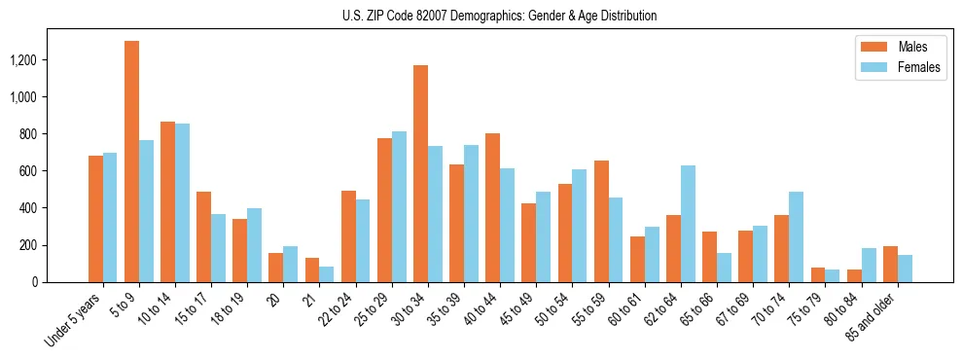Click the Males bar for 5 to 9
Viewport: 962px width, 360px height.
point(131,162)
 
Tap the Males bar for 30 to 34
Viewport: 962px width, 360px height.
point(420,173)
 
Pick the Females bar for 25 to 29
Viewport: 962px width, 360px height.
point(399,206)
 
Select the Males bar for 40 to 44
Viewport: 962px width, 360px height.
point(492,207)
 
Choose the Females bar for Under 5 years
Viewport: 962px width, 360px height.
point(110,217)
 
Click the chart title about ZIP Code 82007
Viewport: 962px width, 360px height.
point(499,16)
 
